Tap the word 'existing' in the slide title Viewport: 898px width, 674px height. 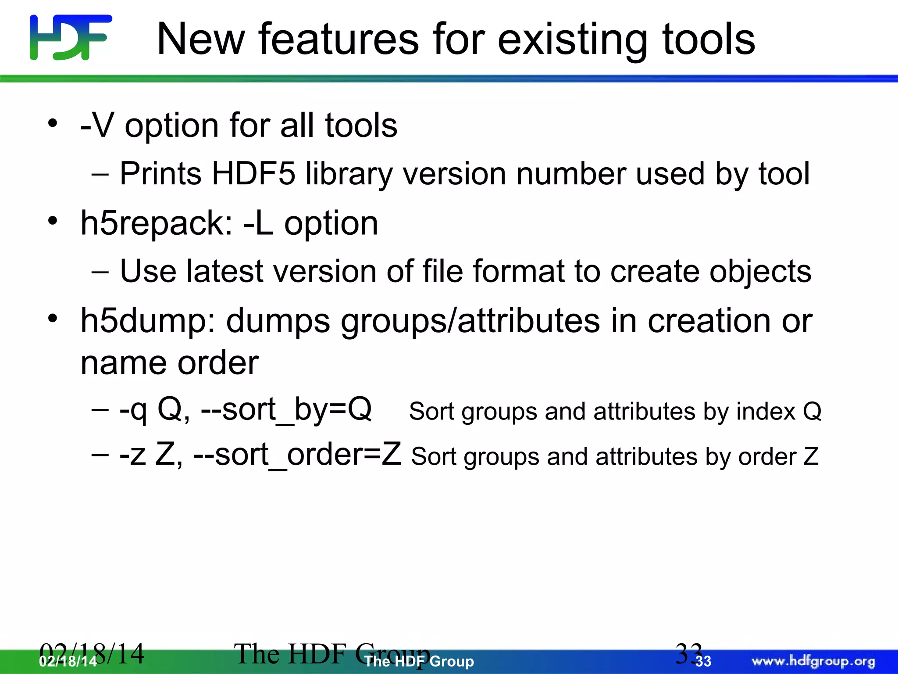(x=572, y=40)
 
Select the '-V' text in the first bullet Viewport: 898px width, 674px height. (x=97, y=125)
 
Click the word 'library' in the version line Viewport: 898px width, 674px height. (x=349, y=175)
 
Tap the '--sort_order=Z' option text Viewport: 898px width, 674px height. (x=297, y=455)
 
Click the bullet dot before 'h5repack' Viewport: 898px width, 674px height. (x=53, y=221)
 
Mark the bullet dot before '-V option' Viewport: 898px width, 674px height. (x=53, y=123)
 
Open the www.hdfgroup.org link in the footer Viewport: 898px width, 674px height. (x=813, y=661)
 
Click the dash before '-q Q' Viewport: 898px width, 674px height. (x=100, y=409)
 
